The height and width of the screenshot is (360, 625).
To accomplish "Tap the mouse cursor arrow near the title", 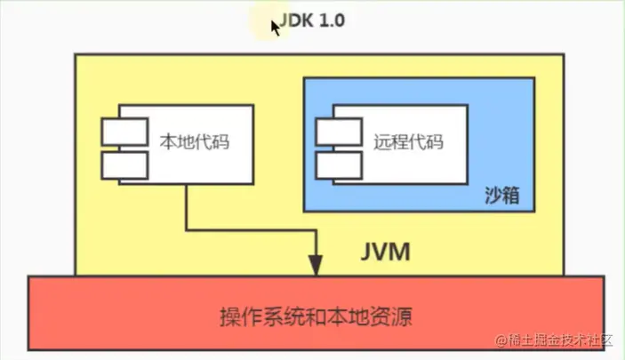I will click(x=276, y=26).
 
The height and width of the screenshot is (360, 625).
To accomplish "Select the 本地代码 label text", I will click(x=194, y=141).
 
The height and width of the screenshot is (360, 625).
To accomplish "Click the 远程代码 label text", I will click(x=408, y=141).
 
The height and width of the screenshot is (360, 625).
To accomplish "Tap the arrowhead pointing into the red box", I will click(x=316, y=265).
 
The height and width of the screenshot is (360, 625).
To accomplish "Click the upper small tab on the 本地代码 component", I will click(x=124, y=132).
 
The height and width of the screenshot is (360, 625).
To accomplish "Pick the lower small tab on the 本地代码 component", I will click(x=124, y=164).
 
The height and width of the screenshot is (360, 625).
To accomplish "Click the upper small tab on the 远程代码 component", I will click(x=338, y=132).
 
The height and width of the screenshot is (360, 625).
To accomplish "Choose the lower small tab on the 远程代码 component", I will click(x=338, y=164).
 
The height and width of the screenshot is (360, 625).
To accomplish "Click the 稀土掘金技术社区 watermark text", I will click(x=565, y=340).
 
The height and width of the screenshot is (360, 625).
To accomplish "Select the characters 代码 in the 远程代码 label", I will click(x=426, y=141).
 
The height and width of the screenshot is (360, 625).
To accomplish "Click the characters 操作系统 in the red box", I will click(x=257, y=316).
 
